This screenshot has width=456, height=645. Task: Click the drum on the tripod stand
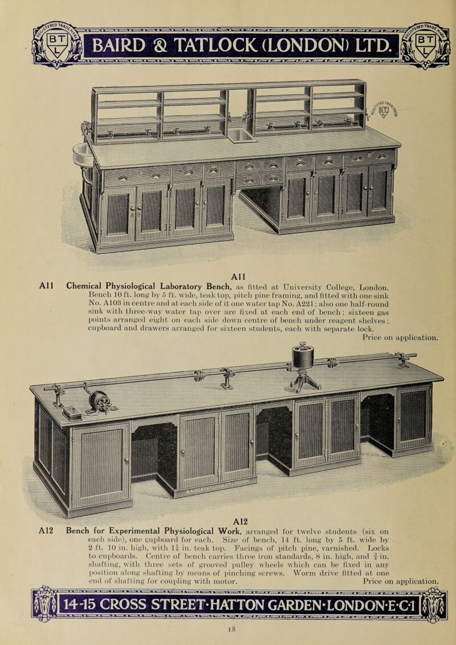point(303,358)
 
